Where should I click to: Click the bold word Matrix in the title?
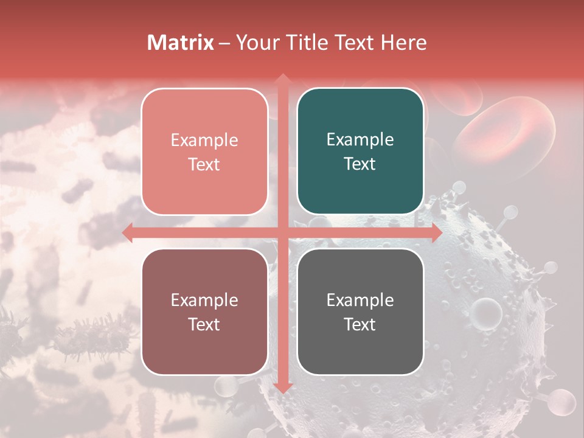[x=181, y=43]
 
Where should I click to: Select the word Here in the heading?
[x=403, y=43]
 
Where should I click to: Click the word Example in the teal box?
[x=360, y=140]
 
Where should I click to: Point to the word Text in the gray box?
[x=360, y=324]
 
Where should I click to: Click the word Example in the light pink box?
[x=204, y=141]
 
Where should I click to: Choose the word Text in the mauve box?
[x=204, y=324]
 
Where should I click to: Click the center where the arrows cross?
[x=282, y=232]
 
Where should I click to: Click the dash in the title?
[x=224, y=43]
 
